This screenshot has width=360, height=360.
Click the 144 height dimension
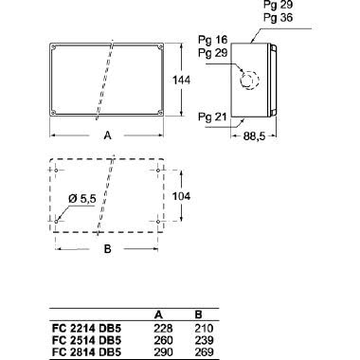click(181, 81)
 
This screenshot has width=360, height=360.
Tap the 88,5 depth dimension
click(254, 136)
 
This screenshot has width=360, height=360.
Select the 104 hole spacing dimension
click(181, 196)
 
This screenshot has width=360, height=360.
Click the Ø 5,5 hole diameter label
click(82, 199)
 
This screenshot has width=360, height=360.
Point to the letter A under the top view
click(108, 135)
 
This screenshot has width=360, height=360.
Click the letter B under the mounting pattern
click(108, 249)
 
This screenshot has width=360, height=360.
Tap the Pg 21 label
click(212, 117)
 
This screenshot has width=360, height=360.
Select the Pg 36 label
click(279, 17)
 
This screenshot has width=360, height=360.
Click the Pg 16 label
click(212, 40)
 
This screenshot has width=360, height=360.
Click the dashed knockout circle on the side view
click(249, 80)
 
